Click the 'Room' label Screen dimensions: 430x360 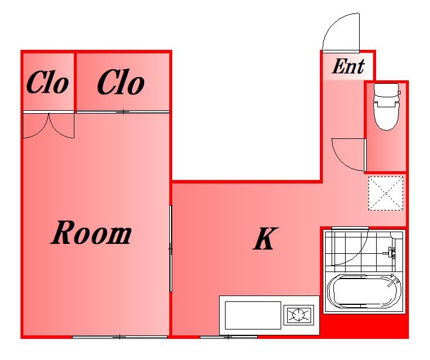[91, 233]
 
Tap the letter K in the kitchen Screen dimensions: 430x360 [265, 239]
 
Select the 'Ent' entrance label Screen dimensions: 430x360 [349, 66]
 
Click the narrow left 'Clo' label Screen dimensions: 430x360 [47, 82]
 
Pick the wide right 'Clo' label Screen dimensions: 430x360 [121, 82]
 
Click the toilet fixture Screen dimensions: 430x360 [387, 107]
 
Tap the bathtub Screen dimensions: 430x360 [364, 291]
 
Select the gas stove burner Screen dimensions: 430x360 [299, 314]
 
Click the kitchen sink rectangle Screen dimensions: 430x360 [253, 315]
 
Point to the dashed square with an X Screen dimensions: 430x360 [385, 193]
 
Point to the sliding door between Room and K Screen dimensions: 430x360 [170, 249]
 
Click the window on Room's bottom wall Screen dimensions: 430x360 [120, 337]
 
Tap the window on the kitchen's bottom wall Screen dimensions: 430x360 [228, 337]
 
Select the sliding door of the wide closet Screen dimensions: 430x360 [123, 111]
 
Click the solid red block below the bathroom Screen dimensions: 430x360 [365, 326]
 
